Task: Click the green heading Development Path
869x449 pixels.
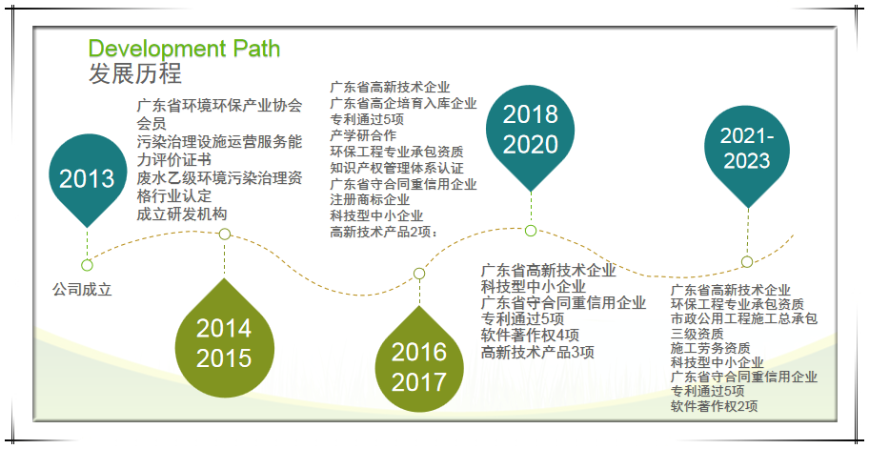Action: coord(184,49)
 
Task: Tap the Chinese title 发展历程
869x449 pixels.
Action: coord(135,73)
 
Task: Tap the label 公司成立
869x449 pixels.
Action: coord(82,290)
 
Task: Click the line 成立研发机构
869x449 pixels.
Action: coord(182,214)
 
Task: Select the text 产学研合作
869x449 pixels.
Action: coord(363,135)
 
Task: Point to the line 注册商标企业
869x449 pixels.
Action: coord(370,199)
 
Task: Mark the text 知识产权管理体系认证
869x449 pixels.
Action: coord(396,168)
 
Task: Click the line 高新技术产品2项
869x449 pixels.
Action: coord(382,232)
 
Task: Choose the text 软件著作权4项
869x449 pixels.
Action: coord(530,335)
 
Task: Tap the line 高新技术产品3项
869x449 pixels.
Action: coord(537,352)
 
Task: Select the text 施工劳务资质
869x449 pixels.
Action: coord(710,348)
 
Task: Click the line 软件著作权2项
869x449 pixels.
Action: coord(714,406)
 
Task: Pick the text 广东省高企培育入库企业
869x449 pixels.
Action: coord(403,103)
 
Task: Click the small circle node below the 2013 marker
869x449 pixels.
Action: coord(87,266)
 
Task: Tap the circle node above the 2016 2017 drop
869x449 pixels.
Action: coord(419,274)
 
